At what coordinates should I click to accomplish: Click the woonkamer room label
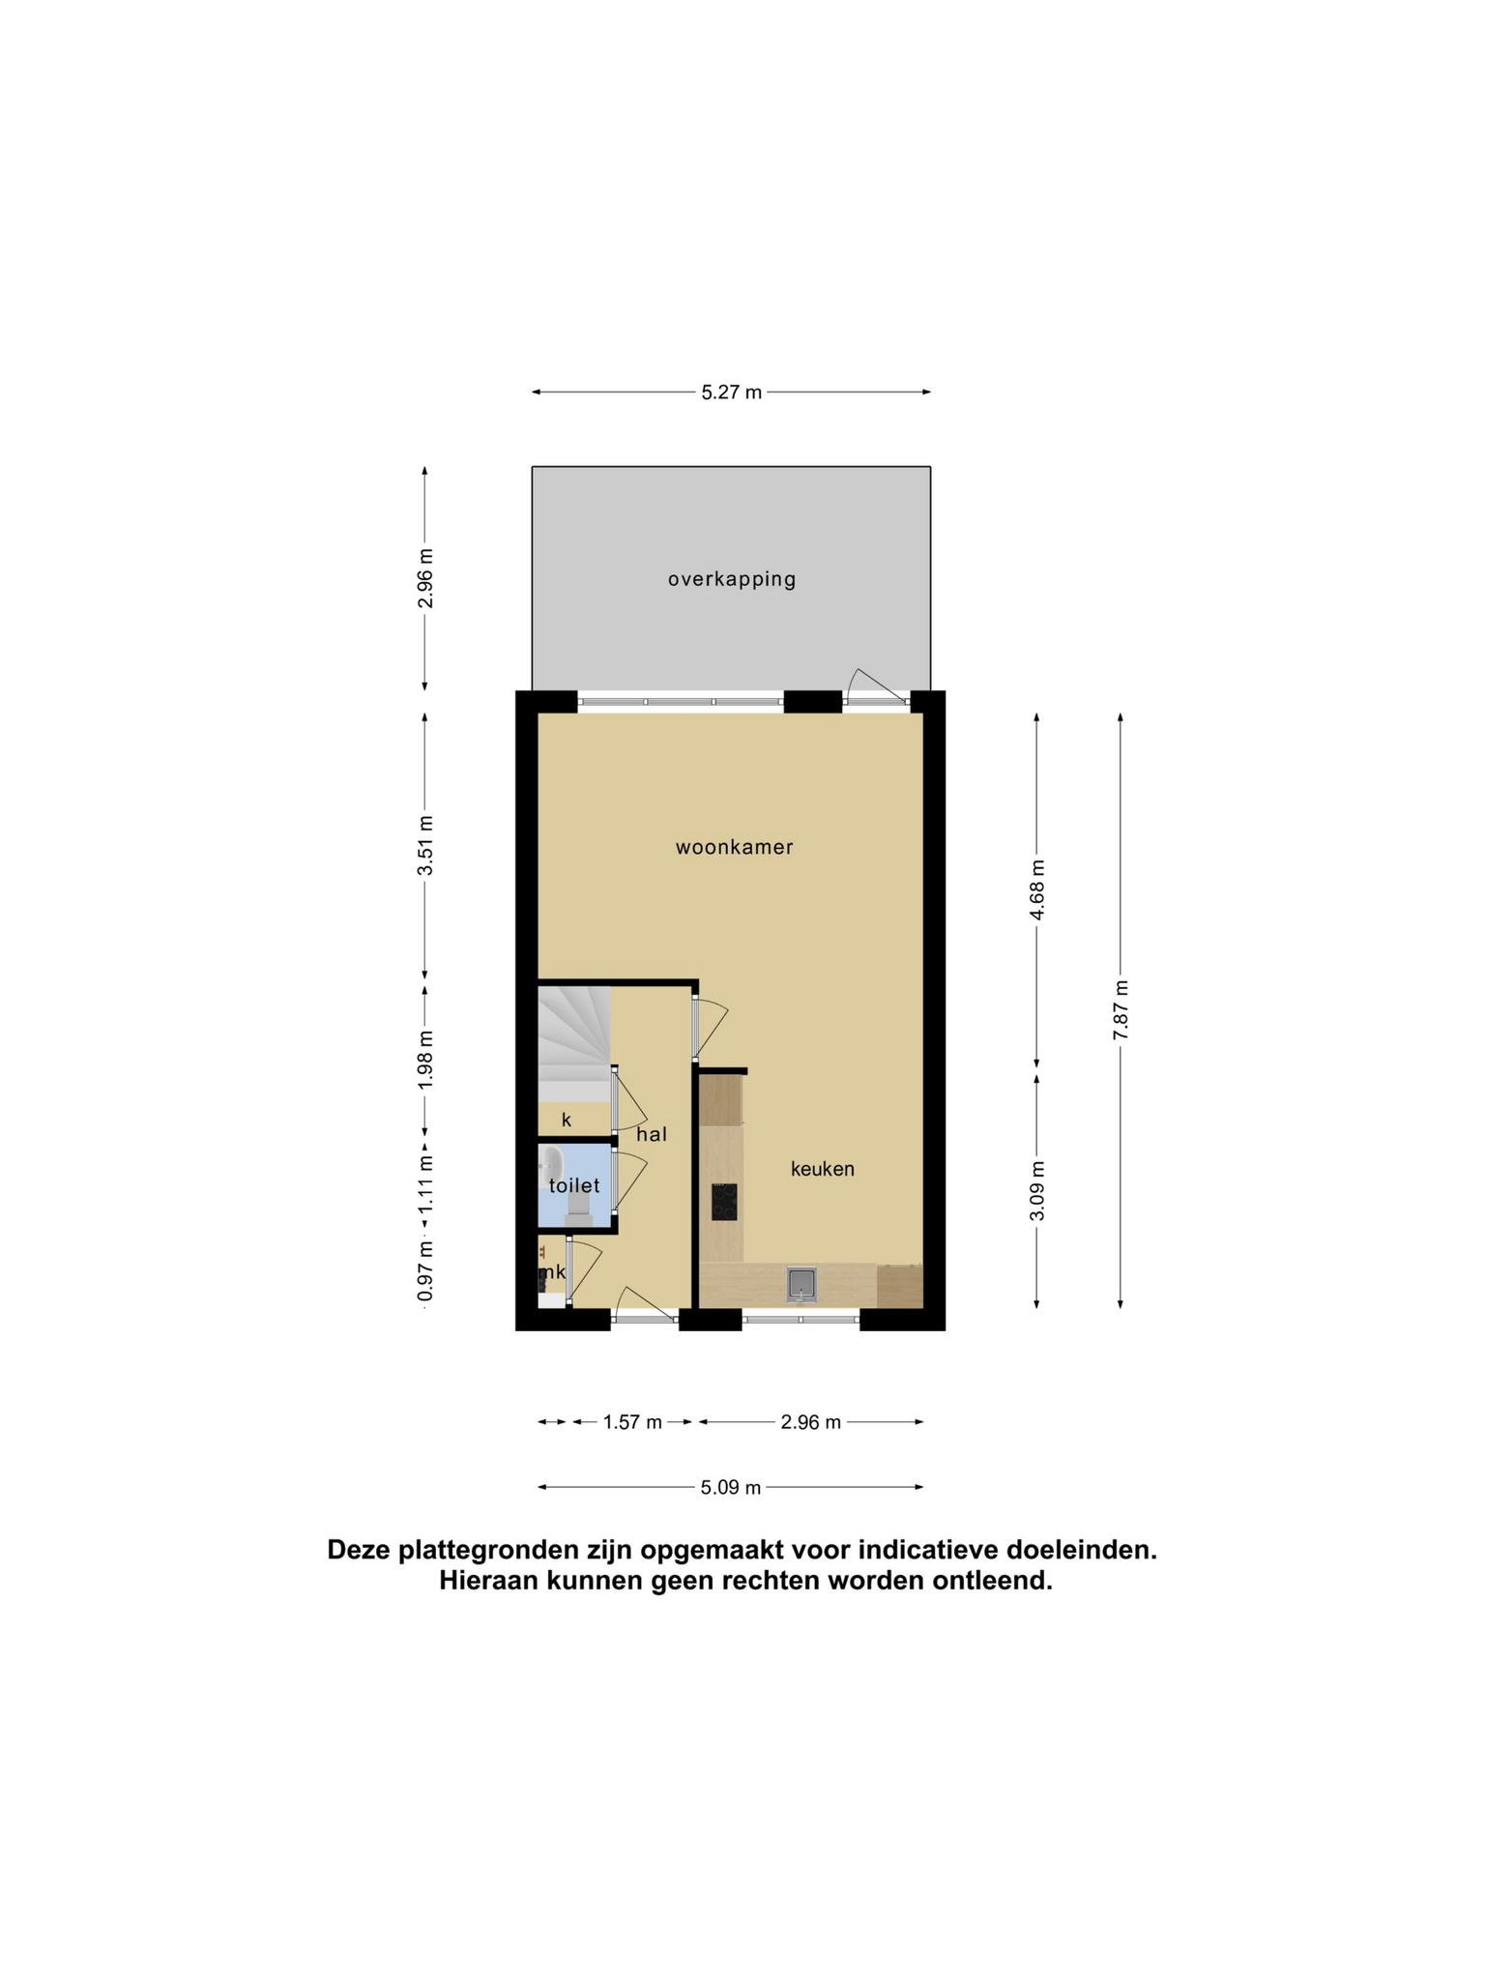(734, 848)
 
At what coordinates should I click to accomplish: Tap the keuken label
(823, 1169)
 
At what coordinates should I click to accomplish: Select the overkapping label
(732, 580)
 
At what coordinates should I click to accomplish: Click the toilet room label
(574, 1185)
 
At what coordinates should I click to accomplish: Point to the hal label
(652, 1134)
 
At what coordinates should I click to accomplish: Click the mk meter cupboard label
(552, 1272)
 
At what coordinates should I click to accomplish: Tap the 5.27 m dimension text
(731, 393)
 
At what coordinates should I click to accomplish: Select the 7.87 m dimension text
(1121, 1010)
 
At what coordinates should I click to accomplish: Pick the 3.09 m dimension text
(1037, 1190)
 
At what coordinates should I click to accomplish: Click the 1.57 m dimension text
(632, 1422)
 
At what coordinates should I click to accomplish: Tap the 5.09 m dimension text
(731, 1488)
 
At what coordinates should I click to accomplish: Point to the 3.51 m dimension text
(425, 846)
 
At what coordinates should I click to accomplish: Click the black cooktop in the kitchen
(724, 1202)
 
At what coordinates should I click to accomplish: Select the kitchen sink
(801, 1284)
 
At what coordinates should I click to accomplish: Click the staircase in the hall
(574, 1043)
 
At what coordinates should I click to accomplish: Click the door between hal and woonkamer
(709, 1028)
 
